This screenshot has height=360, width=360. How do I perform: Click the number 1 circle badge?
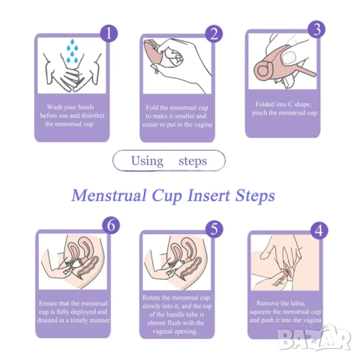point(109,34)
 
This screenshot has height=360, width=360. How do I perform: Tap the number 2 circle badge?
point(214,34)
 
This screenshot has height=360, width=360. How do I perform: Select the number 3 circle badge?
point(316,29)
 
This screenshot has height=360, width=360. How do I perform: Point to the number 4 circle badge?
point(319,230)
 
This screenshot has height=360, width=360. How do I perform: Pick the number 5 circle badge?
point(214,229)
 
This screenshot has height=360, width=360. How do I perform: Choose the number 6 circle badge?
point(111,225)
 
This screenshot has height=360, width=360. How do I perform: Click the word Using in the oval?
point(147,161)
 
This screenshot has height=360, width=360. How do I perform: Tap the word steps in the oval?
point(193,161)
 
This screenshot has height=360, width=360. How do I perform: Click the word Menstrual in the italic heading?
point(109,195)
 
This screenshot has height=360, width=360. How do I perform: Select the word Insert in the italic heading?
point(208,195)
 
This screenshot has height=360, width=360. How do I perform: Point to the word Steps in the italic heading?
point(255,196)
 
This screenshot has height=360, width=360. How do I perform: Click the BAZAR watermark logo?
point(314,338)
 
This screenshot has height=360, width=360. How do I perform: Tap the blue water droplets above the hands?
point(73,51)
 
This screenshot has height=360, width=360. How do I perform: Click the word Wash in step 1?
point(55,107)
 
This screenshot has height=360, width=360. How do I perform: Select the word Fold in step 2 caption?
point(151,107)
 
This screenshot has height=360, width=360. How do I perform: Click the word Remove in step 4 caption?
point(267,303)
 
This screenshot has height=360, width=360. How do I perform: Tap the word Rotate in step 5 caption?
point(151,298)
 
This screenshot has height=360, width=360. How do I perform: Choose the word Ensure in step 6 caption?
point(48,304)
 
